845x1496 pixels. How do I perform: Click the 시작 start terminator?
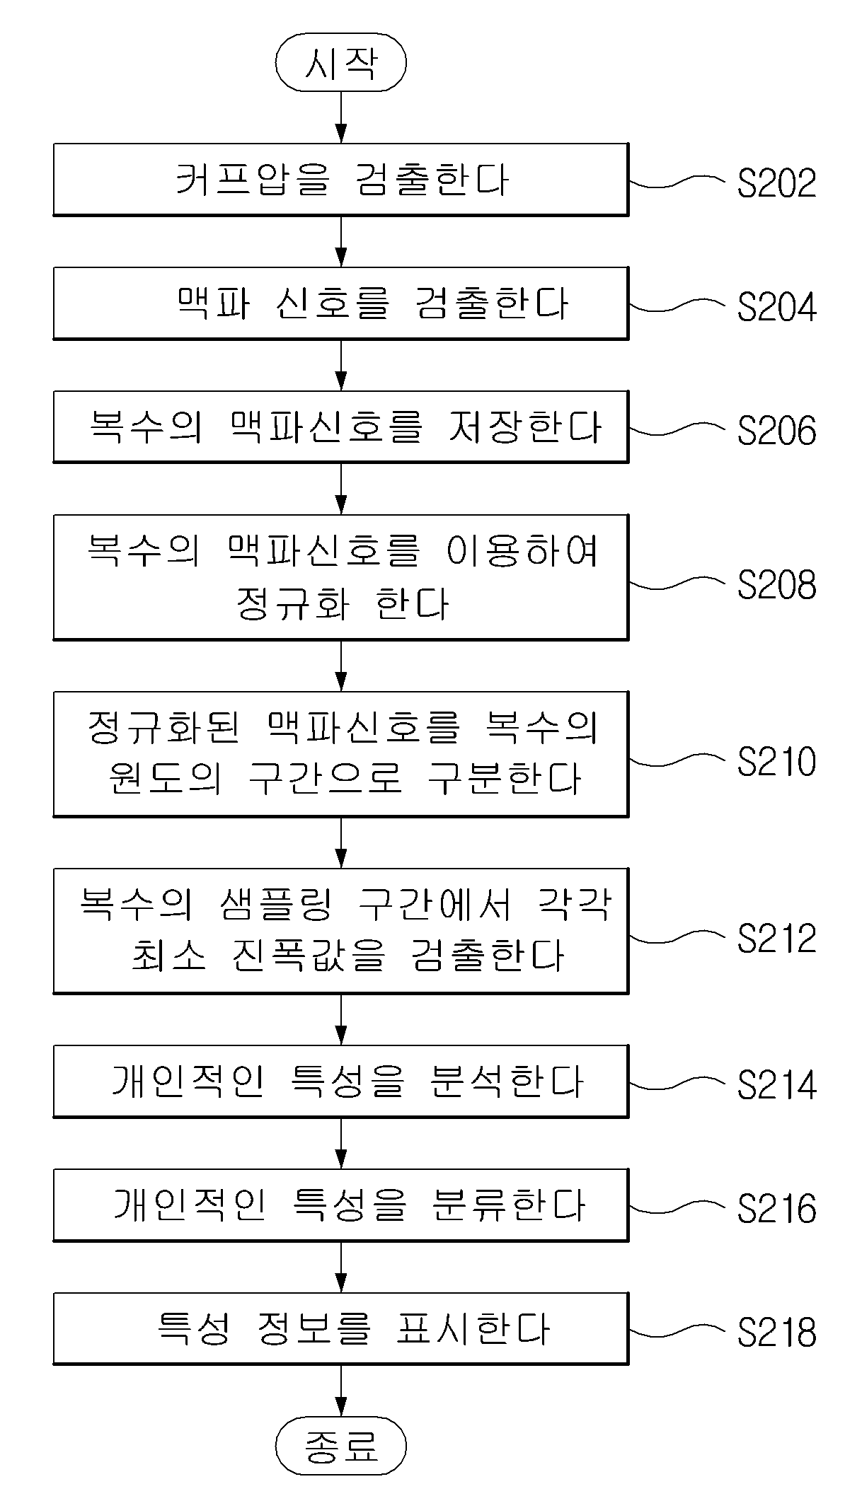(x=341, y=62)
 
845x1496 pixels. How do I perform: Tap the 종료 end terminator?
(x=341, y=1445)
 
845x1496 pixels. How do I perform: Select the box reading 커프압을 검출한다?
(x=341, y=180)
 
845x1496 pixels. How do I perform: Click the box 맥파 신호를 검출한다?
(x=341, y=303)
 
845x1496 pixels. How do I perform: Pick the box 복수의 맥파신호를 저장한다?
(x=341, y=427)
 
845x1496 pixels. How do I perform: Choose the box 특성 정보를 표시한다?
(x=341, y=1329)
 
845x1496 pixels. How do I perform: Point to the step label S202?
(x=776, y=183)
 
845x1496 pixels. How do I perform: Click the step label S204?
(x=776, y=307)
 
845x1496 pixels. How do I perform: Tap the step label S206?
(x=776, y=431)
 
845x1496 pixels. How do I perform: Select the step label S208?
(x=776, y=585)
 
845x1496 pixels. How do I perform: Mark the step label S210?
(x=776, y=762)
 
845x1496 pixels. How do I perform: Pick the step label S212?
(x=776, y=939)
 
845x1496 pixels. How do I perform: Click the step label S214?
(x=776, y=1085)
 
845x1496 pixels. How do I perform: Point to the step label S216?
(x=776, y=1209)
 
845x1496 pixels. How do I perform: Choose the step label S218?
(x=776, y=1333)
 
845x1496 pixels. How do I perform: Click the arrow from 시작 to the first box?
(x=341, y=117)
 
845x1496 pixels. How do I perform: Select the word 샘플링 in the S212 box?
(x=275, y=905)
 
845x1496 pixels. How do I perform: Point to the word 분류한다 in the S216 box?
(x=507, y=1205)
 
